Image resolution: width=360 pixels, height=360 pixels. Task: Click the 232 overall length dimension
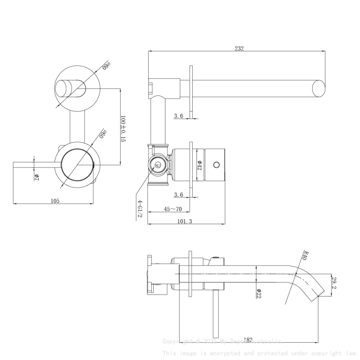pos(239,48)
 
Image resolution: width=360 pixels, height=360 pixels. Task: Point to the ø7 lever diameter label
pos(37,177)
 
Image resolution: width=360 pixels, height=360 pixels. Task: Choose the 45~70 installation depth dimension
pos(173,209)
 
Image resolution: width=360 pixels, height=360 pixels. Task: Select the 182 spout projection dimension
pos(248,339)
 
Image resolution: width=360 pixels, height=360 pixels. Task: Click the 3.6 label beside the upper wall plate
pos(178,116)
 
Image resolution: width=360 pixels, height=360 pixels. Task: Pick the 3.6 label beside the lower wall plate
pos(178,194)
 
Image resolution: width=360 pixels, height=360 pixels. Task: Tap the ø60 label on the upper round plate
pos(106,66)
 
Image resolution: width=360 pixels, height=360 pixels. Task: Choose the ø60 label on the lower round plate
pos(102,134)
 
